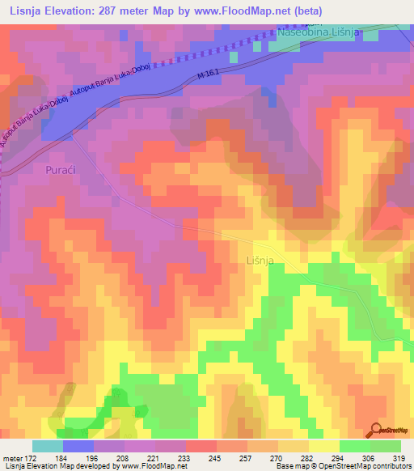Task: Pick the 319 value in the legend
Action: [x=399, y=459]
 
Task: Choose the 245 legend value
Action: [x=216, y=459]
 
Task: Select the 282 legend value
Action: [x=308, y=459]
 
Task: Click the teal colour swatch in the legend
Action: [x=47, y=446]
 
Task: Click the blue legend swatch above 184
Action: [x=78, y=446]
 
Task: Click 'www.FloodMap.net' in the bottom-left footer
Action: [x=153, y=466]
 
